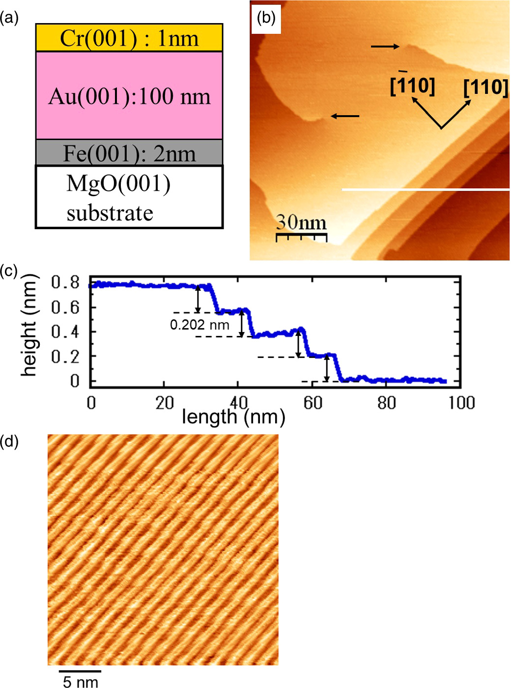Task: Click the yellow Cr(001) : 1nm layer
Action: click(x=129, y=38)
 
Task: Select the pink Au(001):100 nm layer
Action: click(x=129, y=95)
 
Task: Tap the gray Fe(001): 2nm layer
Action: click(x=129, y=153)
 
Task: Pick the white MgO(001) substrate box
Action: click(x=129, y=197)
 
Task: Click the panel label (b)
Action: click(x=266, y=18)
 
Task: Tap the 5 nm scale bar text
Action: click(x=81, y=681)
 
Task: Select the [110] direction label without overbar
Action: click(x=485, y=87)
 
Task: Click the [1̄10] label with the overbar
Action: click(x=412, y=86)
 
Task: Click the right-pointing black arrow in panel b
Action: click(x=385, y=47)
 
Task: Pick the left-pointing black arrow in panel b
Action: click(x=345, y=117)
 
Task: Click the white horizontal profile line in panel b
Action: click(x=426, y=189)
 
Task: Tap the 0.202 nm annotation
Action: click(x=199, y=325)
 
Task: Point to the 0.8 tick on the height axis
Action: click(x=65, y=282)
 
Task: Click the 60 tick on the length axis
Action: click(x=312, y=403)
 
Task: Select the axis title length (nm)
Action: click(x=233, y=417)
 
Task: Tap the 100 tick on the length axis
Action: click(x=461, y=403)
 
